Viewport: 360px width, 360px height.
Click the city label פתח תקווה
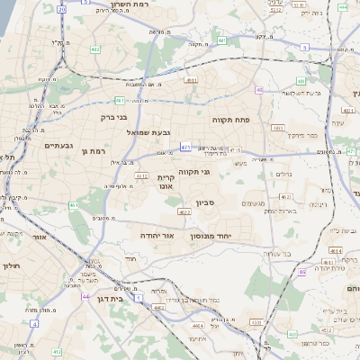coord(230,119)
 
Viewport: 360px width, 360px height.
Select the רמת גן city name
coord(92,152)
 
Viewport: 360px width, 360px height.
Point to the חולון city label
coord(11,266)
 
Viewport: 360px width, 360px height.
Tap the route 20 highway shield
coord(61,9)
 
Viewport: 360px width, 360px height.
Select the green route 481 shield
coord(119,100)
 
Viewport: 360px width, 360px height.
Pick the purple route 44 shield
coord(85,295)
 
